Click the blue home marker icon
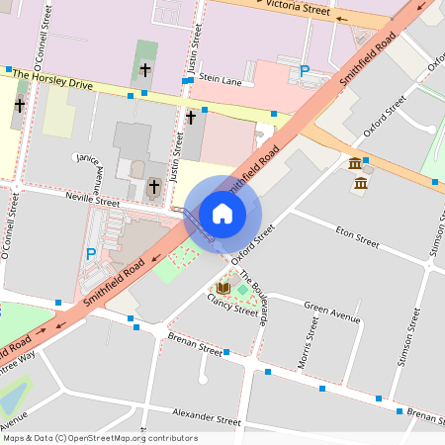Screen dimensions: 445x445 [x=222, y=213]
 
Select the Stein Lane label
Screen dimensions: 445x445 [x=220, y=77]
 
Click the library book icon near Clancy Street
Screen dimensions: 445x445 [x=223, y=289]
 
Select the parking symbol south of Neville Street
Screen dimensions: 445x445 [x=91, y=254]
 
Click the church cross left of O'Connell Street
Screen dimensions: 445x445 [x=19, y=105]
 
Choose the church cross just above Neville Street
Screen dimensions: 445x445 [x=153, y=185]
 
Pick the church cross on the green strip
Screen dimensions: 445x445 [x=145, y=70]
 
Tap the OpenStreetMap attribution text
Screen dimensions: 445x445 [x=100, y=438]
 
